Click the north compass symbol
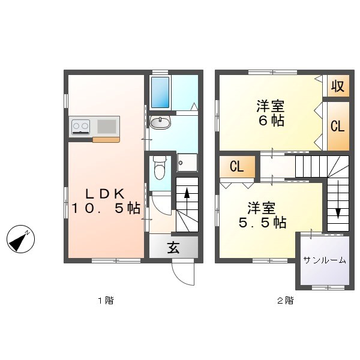pos(20,239)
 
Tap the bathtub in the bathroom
pos(160,92)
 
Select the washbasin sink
pos(160,122)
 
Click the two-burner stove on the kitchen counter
pos(80,127)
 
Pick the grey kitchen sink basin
pos(107,127)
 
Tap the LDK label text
pos(105,194)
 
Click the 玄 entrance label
pos(173,247)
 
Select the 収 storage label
pos(338,86)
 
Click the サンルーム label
pos(325,260)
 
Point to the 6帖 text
pos(272,121)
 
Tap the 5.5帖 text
pos(263,222)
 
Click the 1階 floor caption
pos(106,301)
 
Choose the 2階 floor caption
pos(286,301)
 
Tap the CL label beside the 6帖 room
pos(337,126)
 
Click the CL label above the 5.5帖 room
pos(237,166)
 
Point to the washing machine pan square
pos(187,163)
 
